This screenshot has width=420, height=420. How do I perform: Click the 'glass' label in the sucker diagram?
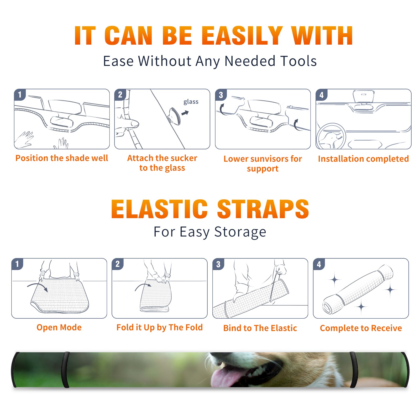point(191,102)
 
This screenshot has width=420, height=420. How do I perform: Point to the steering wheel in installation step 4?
point(331,136)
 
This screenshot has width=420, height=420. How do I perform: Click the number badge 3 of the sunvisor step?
point(221,95)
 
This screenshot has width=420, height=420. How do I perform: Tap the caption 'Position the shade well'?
point(62,158)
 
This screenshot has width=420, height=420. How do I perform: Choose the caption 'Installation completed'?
point(363,159)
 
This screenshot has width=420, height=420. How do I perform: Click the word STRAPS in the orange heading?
point(263,209)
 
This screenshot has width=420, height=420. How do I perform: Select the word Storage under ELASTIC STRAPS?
point(240,232)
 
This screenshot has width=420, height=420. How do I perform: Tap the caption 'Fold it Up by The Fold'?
point(160,328)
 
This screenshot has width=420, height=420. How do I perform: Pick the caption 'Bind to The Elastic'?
point(260,328)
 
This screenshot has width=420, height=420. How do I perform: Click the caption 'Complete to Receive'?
point(361,328)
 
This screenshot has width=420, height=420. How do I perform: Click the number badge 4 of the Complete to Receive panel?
point(319,264)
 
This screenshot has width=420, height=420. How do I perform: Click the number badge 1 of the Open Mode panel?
point(17,264)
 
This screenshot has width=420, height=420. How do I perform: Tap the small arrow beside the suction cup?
point(185,113)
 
